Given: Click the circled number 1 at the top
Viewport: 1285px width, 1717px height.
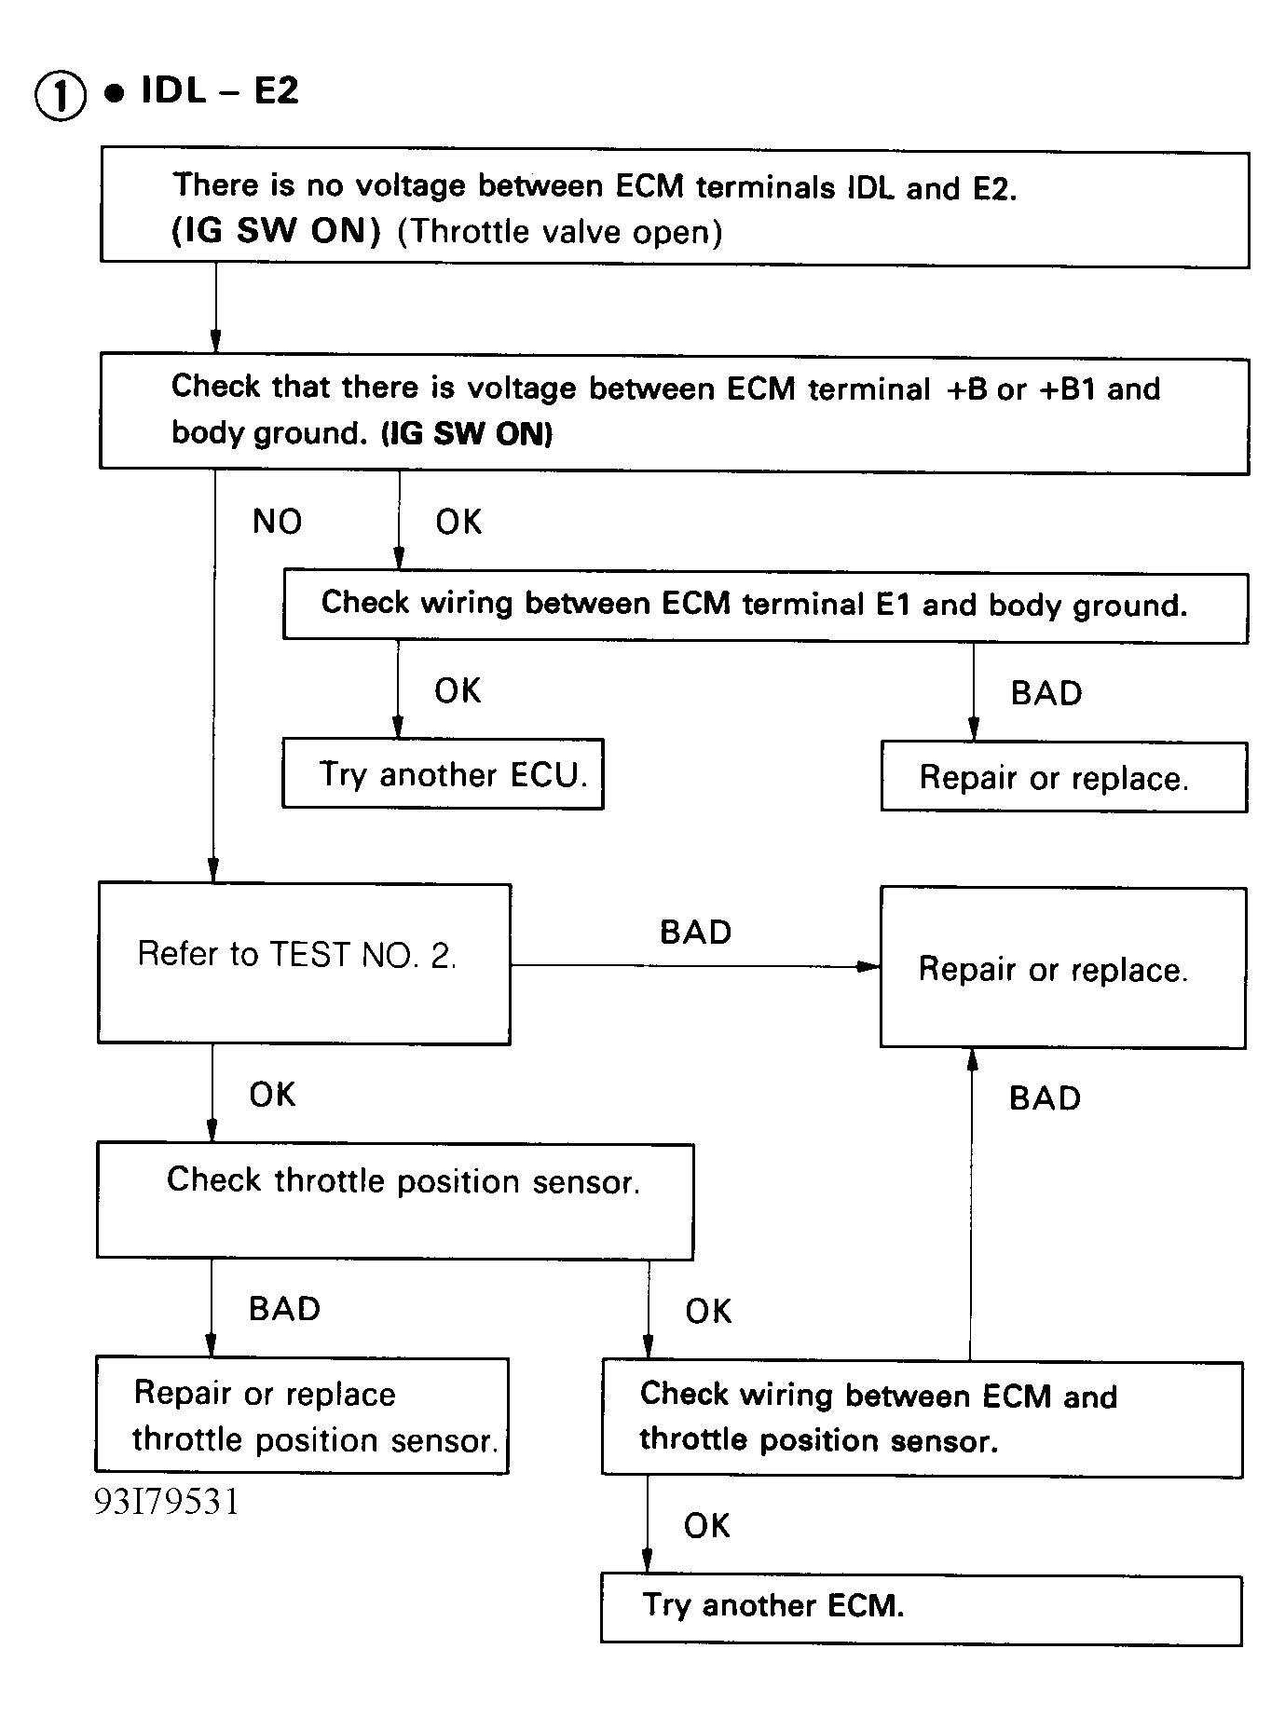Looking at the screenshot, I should coord(61,97).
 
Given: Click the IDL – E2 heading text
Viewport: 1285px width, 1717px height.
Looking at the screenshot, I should coord(220,91).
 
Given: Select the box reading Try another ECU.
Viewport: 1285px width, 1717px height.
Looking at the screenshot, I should coord(444,774).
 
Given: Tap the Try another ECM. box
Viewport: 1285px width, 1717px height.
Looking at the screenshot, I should coord(921,1609).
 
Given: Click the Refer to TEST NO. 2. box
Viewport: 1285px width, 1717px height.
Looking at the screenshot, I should coord(304,963).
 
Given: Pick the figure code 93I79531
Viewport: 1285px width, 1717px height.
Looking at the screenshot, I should coord(167,1502).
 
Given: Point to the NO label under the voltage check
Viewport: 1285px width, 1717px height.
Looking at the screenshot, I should coord(277,522).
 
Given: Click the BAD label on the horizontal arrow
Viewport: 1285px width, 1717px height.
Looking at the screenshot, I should coord(695,933).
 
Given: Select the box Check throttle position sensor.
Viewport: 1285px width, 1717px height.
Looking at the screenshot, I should coord(395,1201).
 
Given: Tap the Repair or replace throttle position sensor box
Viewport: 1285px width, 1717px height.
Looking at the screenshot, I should coord(302,1416).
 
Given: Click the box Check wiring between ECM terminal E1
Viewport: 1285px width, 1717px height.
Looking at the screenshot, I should coord(765,606).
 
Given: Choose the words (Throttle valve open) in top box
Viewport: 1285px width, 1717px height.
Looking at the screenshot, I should coord(560,232).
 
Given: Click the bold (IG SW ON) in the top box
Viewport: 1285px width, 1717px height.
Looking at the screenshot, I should coord(277,231).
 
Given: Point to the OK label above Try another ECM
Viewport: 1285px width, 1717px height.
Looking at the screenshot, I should coord(706,1526).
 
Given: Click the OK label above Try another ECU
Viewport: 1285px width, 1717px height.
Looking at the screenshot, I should coord(458,691).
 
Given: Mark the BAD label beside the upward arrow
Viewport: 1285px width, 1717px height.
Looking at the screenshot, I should coord(1045,1098).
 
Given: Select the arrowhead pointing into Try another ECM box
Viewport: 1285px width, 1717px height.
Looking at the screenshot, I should coord(647,1563).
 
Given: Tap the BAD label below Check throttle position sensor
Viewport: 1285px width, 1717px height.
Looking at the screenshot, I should coord(284,1309).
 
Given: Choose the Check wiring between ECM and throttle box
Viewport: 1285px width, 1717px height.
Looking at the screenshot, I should coord(922,1419).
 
